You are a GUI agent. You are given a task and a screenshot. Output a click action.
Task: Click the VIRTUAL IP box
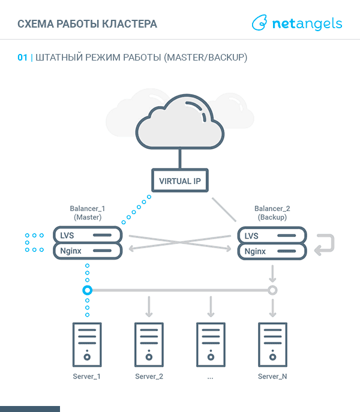click(179, 181)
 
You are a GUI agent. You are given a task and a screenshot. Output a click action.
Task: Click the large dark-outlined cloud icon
click(179, 124)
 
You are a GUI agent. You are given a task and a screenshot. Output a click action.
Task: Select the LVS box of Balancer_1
click(88, 235)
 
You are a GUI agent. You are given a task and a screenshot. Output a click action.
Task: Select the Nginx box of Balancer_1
click(88, 251)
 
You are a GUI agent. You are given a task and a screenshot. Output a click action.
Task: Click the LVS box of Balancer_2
click(272, 235)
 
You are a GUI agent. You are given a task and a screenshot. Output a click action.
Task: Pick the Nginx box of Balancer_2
click(272, 251)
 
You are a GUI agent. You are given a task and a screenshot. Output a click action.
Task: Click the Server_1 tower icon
click(87, 344)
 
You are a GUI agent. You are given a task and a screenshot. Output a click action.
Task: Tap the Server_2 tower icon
click(149, 344)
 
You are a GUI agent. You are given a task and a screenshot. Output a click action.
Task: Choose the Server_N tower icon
click(272, 344)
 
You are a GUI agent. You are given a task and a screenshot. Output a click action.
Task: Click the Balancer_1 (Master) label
click(88, 213)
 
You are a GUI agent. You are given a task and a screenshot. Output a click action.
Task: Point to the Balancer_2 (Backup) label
click(272, 213)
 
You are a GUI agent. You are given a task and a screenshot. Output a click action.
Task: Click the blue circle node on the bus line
click(88, 290)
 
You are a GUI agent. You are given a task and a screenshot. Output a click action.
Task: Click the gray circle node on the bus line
click(272, 290)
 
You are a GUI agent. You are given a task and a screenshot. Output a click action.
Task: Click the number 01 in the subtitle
click(23, 58)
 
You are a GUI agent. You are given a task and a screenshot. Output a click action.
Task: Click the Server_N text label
click(272, 377)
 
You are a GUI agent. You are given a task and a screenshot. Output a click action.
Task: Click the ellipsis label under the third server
click(210, 377)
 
